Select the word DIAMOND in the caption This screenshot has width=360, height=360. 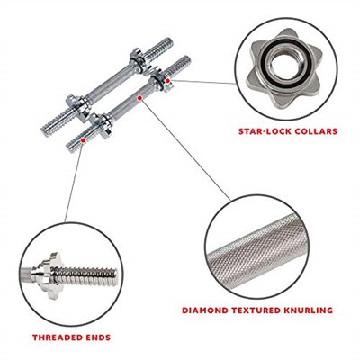point(205,310)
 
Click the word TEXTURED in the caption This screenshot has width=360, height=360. point(257,310)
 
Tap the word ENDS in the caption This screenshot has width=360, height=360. point(98,337)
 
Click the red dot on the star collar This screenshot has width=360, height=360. point(167,81)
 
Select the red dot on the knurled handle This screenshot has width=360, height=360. point(139,98)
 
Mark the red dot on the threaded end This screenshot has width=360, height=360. point(83,140)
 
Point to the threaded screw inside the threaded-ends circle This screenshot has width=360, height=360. point(86,277)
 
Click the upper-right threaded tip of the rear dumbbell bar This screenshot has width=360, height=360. point(167,44)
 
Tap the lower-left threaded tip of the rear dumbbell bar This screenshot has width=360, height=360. point(47,131)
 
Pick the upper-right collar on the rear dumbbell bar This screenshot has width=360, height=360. point(139,61)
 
